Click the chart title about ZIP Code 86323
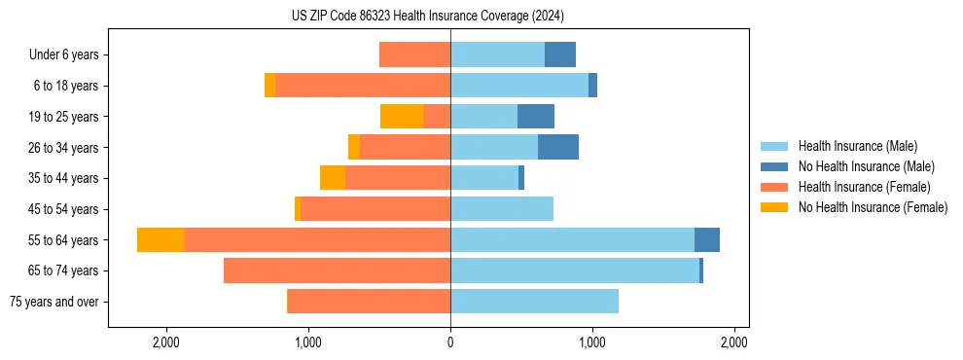pyautogui.click(x=427, y=17)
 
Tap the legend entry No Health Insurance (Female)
pyautogui.click(x=873, y=207)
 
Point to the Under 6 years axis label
pyautogui.click(x=64, y=54)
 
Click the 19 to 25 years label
pyautogui.click(x=65, y=117)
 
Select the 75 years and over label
pyautogui.click(x=53, y=302)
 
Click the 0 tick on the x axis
pyautogui.click(x=450, y=343)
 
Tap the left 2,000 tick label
pyautogui.click(x=166, y=343)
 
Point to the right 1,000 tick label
pyautogui.click(x=591, y=343)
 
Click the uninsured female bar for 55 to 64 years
pyautogui.click(x=160, y=240)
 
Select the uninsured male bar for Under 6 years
pyautogui.click(x=560, y=54)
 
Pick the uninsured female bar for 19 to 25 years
pyautogui.click(x=402, y=117)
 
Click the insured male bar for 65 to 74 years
pyautogui.click(x=574, y=270)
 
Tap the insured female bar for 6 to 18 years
pyautogui.click(x=363, y=86)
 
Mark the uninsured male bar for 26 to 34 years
pyautogui.click(x=558, y=147)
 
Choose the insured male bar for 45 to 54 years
pyautogui.click(x=502, y=209)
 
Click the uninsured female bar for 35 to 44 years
pyautogui.click(x=333, y=178)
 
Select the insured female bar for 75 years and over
pyautogui.click(x=369, y=302)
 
